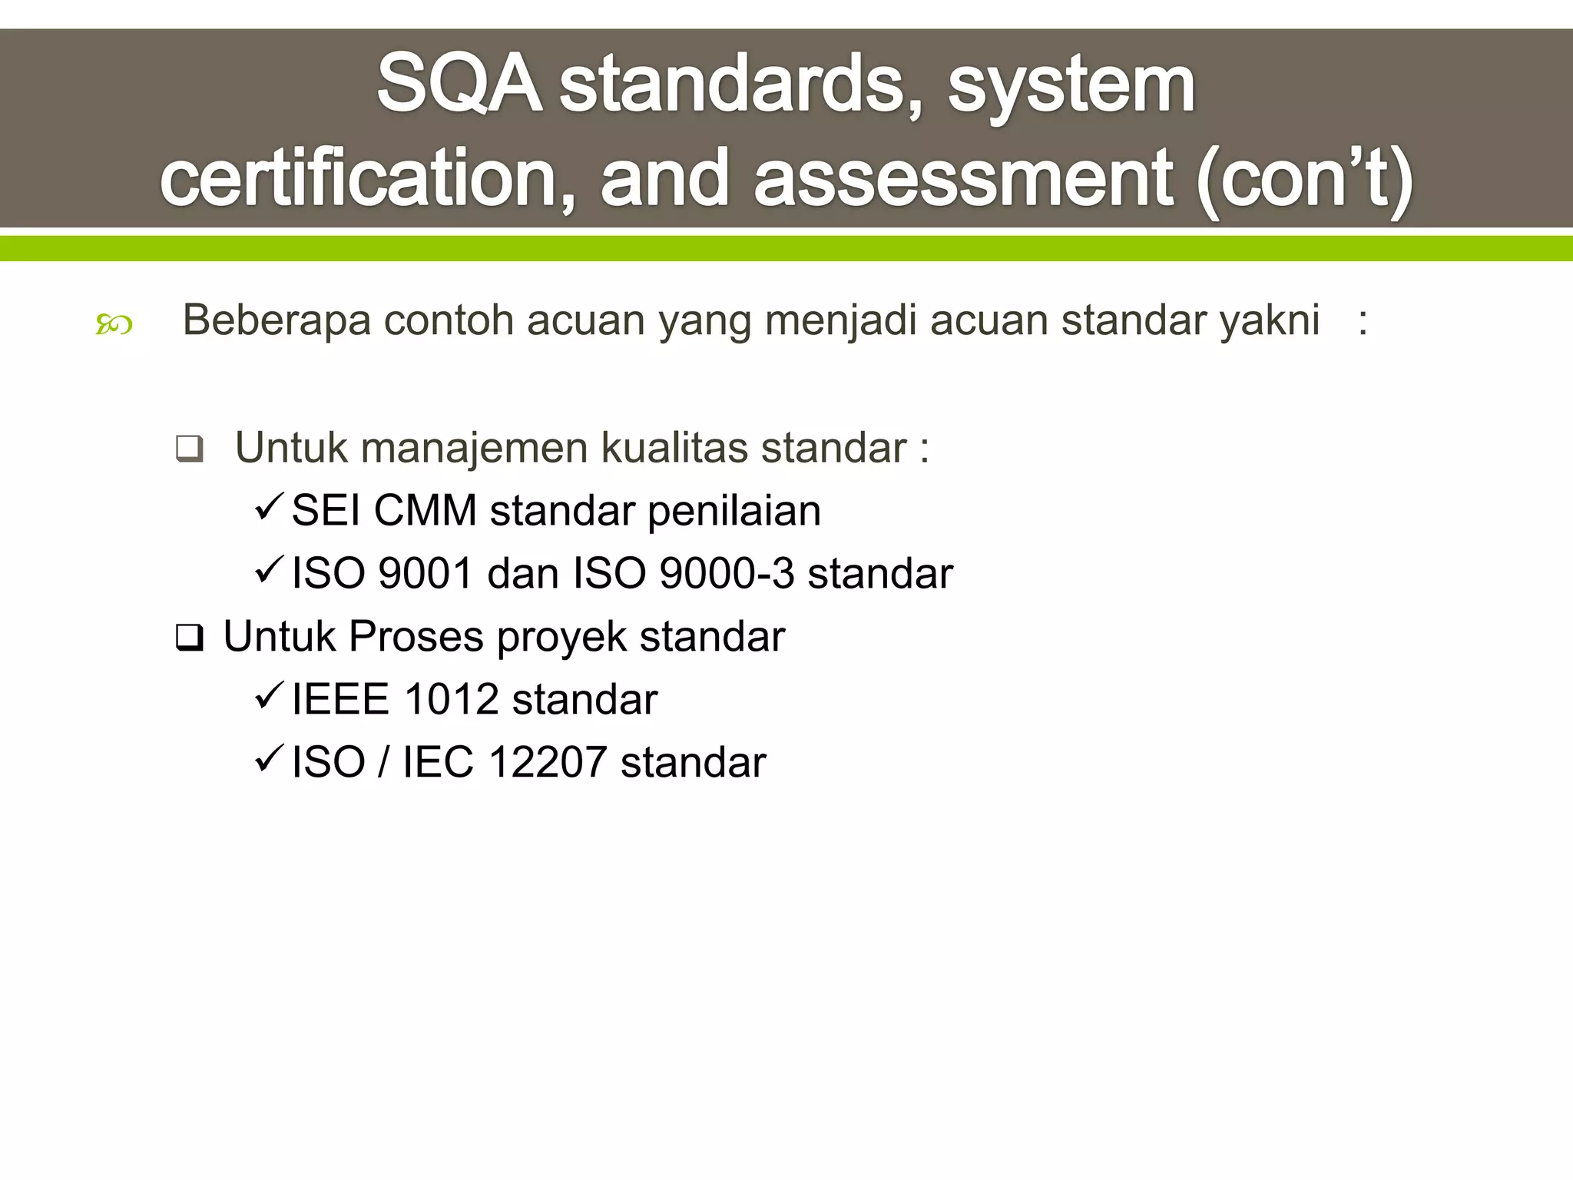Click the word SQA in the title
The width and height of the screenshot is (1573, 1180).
click(x=458, y=84)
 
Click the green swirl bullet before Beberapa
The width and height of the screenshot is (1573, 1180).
click(x=114, y=325)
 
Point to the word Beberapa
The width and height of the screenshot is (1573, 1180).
click(x=277, y=320)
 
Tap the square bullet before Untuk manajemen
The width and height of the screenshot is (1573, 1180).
click(x=189, y=448)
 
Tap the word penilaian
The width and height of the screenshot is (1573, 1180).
click(x=734, y=512)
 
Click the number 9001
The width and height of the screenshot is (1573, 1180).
click(x=426, y=574)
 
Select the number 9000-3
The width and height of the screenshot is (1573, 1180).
click(x=727, y=574)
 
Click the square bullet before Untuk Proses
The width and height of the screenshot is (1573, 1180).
click(x=189, y=637)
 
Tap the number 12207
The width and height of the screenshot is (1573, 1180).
click(x=548, y=763)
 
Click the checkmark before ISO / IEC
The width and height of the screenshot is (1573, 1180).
click(x=270, y=759)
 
